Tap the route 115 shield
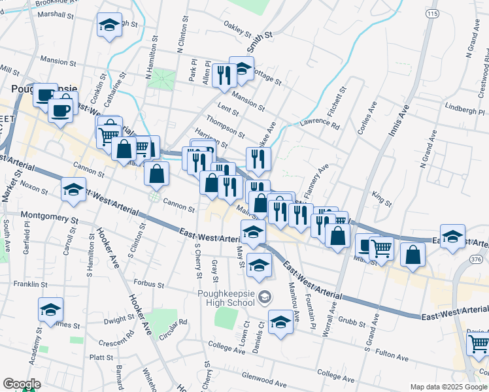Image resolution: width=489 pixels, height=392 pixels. tap(432, 14)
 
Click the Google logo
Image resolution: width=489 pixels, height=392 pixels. tap(21, 384)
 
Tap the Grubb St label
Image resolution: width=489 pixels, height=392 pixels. tap(352, 321)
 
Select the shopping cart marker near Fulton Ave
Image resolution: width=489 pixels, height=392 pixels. tap(479, 342)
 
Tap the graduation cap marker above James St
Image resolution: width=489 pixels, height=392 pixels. tap(50, 310)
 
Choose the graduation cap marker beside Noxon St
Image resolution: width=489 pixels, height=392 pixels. tap(73, 189)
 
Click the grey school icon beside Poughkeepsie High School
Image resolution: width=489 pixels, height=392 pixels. tap(265, 298)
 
